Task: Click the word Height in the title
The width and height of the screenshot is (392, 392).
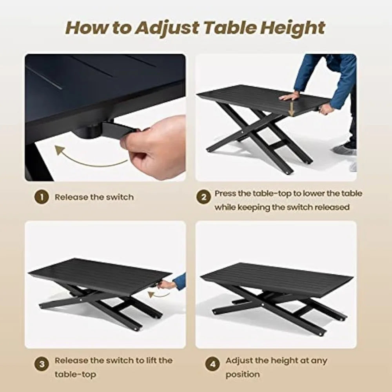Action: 292,28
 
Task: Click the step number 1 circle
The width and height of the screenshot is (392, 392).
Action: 42,197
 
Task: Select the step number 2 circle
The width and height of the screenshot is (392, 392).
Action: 203,197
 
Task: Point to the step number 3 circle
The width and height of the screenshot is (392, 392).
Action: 42,364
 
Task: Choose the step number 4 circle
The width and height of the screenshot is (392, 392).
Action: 212,364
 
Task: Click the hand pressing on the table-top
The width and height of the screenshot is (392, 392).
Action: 289,96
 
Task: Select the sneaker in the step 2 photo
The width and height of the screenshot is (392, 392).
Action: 344,151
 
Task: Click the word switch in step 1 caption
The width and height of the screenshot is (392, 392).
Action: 120,197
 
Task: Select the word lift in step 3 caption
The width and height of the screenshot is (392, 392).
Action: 152,360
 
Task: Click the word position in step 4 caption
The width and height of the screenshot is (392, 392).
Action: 243,375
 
